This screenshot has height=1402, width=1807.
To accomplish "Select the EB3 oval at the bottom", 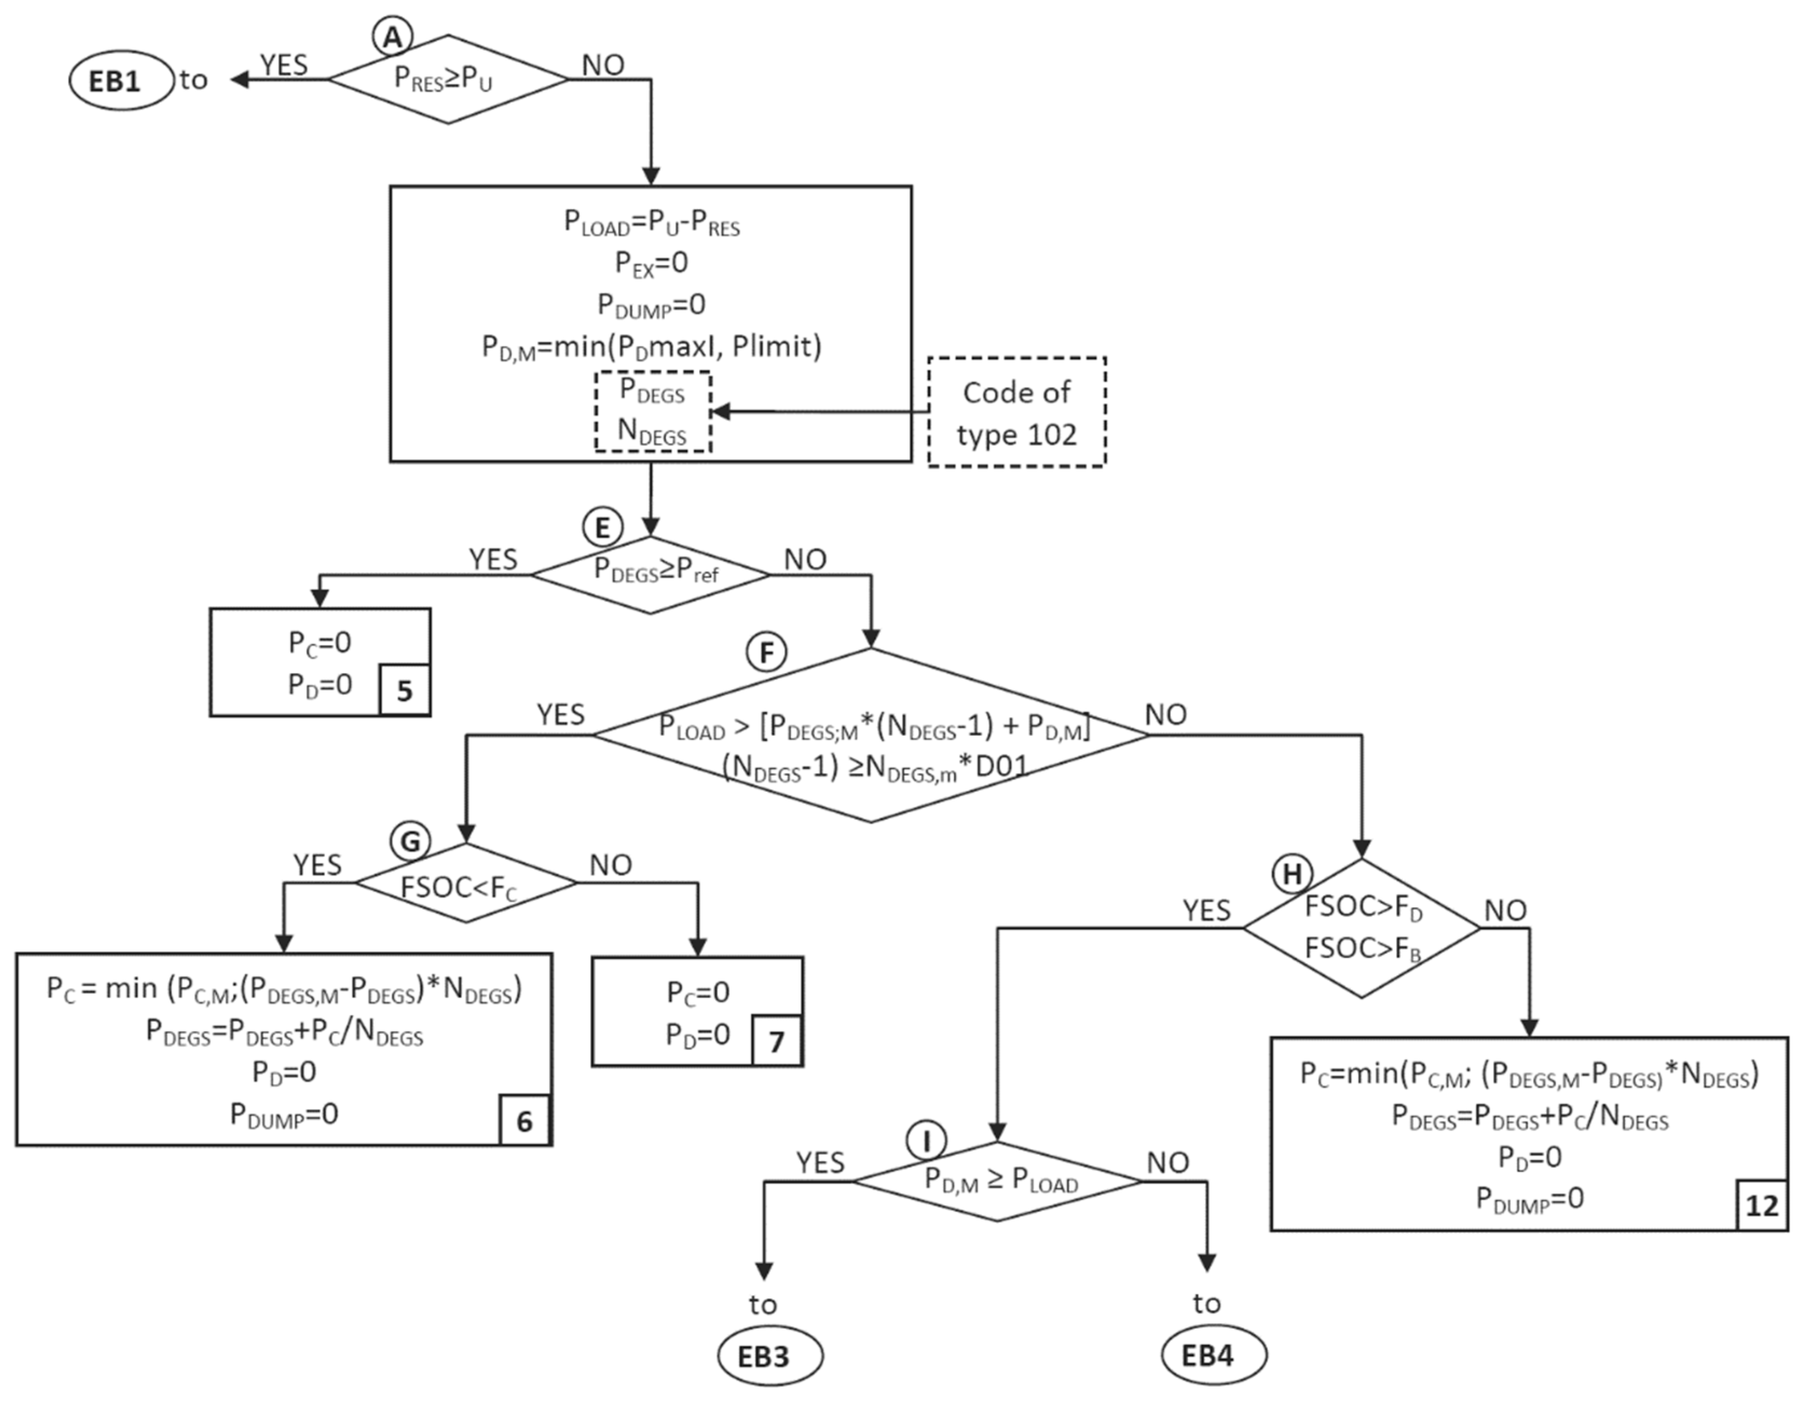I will click(x=770, y=1356).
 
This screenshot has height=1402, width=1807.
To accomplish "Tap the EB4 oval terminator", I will click(x=1214, y=1356).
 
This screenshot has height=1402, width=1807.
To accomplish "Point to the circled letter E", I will click(x=603, y=528).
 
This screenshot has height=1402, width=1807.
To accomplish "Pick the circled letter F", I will click(x=766, y=653).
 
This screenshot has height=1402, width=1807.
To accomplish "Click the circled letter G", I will click(x=410, y=842).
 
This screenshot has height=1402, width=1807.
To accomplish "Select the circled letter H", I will click(x=1291, y=874).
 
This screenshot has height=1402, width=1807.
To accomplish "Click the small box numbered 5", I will click(x=405, y=690).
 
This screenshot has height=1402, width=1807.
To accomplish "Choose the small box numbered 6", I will click(x=524, y=1121).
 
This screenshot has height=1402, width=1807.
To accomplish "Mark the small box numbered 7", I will click(x=776, y=1041).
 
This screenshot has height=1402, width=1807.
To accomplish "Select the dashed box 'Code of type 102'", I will click(x=1016, y=413).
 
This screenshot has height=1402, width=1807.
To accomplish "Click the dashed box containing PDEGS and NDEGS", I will click(x=652, y=411).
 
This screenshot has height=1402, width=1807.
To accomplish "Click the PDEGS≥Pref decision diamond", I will click(x=651, y=573).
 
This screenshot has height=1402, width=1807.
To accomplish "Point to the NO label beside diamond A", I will click(x=603, y=65).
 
